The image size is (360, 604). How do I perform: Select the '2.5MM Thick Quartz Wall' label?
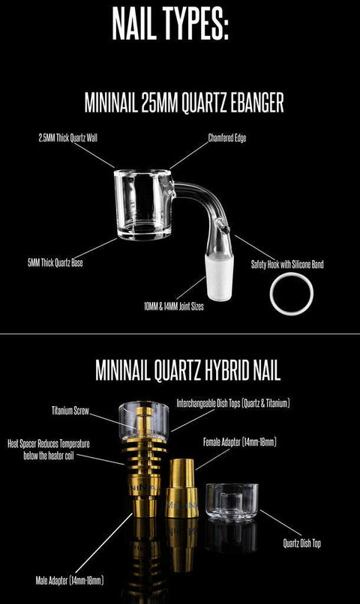click(70, 138)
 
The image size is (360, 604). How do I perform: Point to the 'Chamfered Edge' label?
click(227, 138)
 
